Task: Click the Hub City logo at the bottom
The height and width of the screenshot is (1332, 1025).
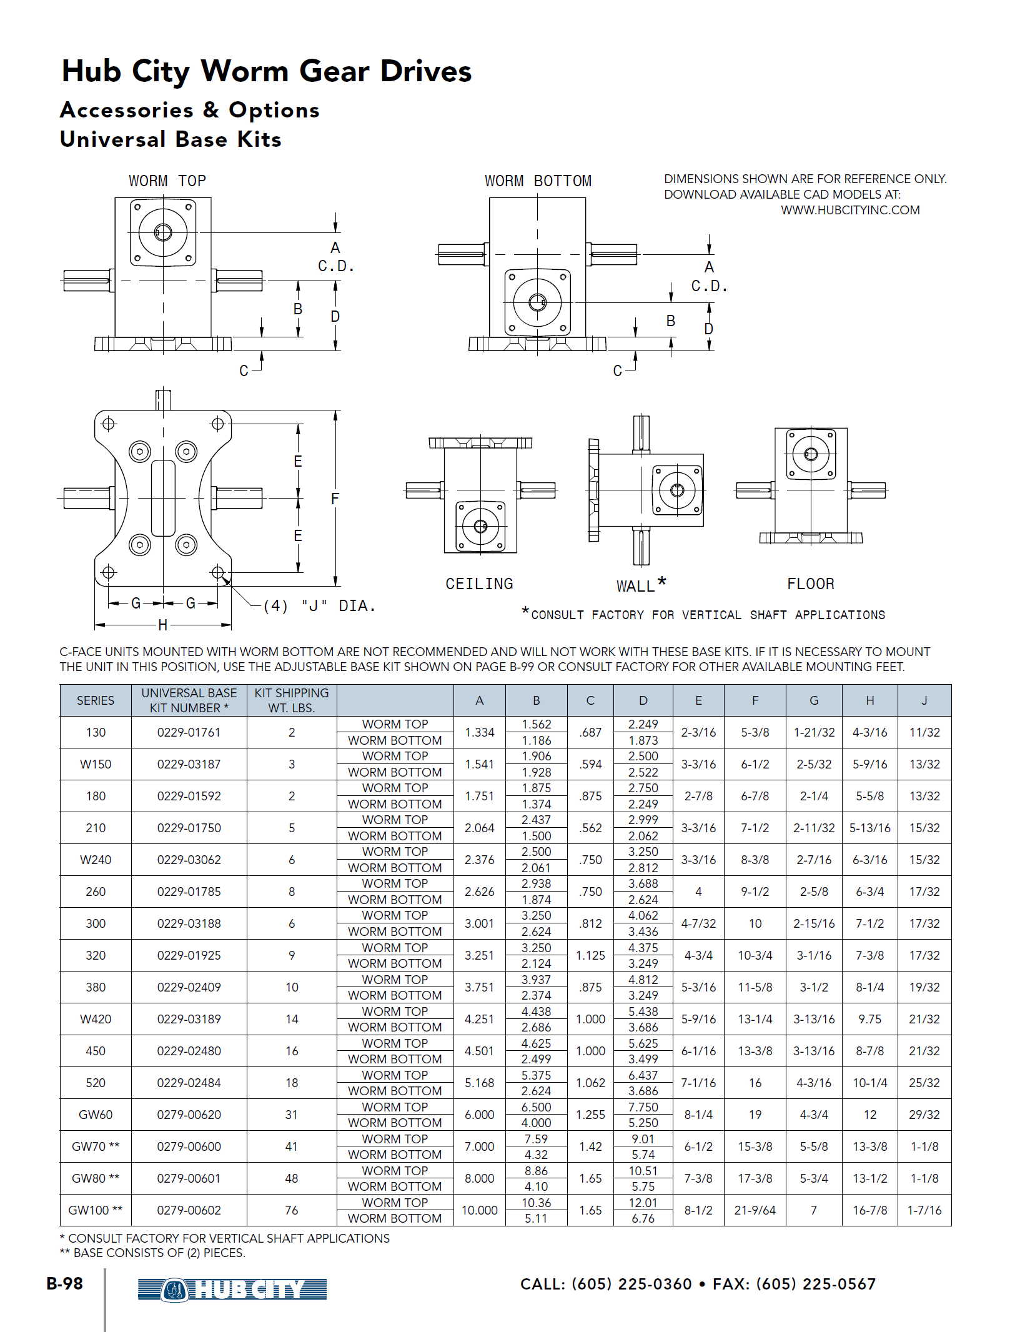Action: [232, 1289]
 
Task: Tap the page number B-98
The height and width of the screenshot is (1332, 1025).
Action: [65, 1284]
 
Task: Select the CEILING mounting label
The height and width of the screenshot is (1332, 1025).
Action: [479, 584]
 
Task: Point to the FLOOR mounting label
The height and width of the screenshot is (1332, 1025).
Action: [810, 584]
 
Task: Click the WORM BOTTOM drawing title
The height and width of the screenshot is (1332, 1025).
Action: [538, 181]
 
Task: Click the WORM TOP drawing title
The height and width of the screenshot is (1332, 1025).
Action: [167, 181]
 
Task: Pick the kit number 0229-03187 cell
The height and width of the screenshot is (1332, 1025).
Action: [189, 764]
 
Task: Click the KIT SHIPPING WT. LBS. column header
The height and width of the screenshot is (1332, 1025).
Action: [291, 700]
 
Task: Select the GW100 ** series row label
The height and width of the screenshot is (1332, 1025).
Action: [95, 1210]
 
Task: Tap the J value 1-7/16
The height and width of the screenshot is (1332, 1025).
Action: [924, 1210]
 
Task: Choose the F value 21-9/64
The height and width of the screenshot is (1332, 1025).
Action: [755, 1210]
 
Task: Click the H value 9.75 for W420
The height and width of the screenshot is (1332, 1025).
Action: [869, 1019]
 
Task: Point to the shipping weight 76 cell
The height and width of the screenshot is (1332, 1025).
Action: [291, 1210]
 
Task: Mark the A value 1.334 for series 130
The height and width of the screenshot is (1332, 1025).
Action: [479, 732]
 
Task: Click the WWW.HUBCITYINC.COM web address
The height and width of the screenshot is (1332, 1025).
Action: [849, 210]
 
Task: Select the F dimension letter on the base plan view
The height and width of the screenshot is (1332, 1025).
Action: [335, 499]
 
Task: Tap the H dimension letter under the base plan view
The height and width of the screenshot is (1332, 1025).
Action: [163, 625]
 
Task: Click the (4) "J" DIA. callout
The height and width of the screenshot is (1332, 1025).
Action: [319, 605]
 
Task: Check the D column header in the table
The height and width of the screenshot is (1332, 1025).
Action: [643, 700]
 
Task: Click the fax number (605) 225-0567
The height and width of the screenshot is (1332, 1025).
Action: [816, 1284]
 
